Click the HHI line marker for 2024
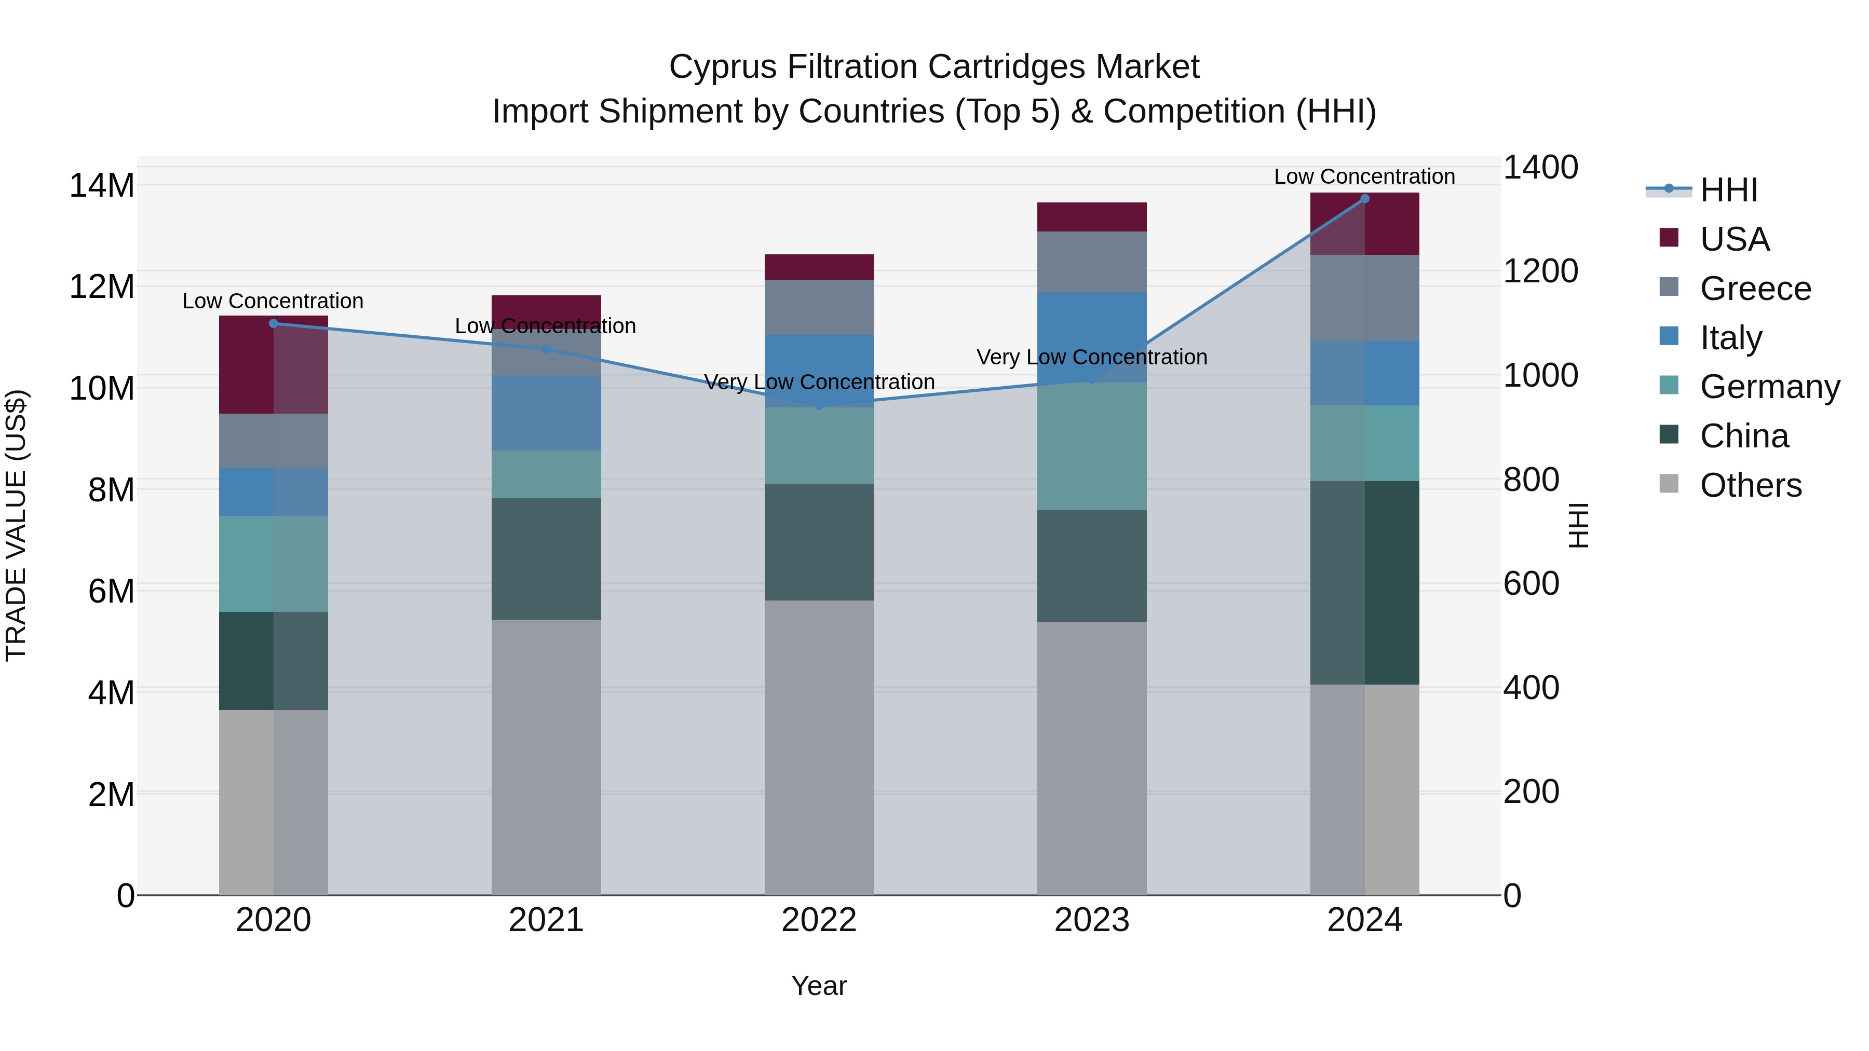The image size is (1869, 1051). (x=1364, y=198)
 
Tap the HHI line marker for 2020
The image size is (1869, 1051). (x=274, y=323)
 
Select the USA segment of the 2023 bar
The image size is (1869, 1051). (x=1091, y=217)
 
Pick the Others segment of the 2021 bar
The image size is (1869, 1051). (x=546, y=757)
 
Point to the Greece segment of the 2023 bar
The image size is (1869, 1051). (x=1091, y=262)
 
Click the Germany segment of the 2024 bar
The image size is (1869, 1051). (x=1364, y=443)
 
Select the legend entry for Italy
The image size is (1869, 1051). (x=1730, y=338)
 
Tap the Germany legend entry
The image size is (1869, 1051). (x=1769, y=387)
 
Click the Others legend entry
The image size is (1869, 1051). (x=1750, y=485)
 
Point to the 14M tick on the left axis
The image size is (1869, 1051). (x=102, y=186)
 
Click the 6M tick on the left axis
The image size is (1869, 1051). (x=110, y=591)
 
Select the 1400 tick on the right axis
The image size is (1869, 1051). (x=1540, y=168)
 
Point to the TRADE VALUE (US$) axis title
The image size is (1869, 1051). (x=16, y=525)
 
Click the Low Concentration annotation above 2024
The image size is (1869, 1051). (x=1364, y=176)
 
